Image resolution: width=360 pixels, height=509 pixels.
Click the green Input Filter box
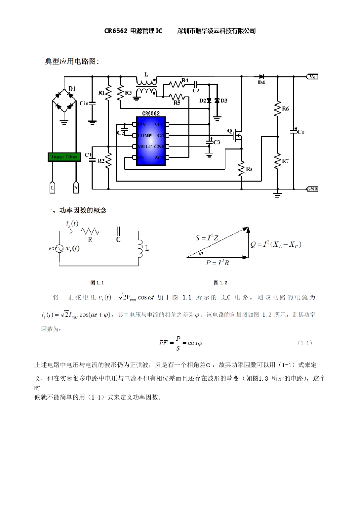pos(64,157)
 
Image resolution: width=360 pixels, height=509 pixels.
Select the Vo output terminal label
pos(312,77)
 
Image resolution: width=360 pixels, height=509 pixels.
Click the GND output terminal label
pos(312,189)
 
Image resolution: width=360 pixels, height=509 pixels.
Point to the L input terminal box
pos(52,188)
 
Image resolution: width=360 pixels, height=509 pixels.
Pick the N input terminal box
pos(76,188)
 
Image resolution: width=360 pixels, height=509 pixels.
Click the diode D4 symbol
pos(261,77)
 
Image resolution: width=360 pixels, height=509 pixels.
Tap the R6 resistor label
pos(285,109)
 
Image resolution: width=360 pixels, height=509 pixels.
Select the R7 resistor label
pos(285,161)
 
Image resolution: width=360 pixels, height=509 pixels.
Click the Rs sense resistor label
pos(249,169)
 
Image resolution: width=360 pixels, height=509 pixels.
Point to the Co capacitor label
pos(301,132)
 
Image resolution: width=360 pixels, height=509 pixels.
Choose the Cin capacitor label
pos(84,103)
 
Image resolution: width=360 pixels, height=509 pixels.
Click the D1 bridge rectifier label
pos(72,89)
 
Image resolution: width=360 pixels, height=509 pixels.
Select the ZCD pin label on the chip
pos(159,158)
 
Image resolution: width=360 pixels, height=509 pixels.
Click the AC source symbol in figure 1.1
pos(59,248)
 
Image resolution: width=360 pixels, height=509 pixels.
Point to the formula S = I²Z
pos(207,238)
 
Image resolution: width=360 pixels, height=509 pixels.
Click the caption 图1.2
pos(221,283)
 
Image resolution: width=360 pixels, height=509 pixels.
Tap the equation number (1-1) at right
pos(305,343)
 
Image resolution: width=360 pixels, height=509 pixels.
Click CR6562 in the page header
pos(116,31)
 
